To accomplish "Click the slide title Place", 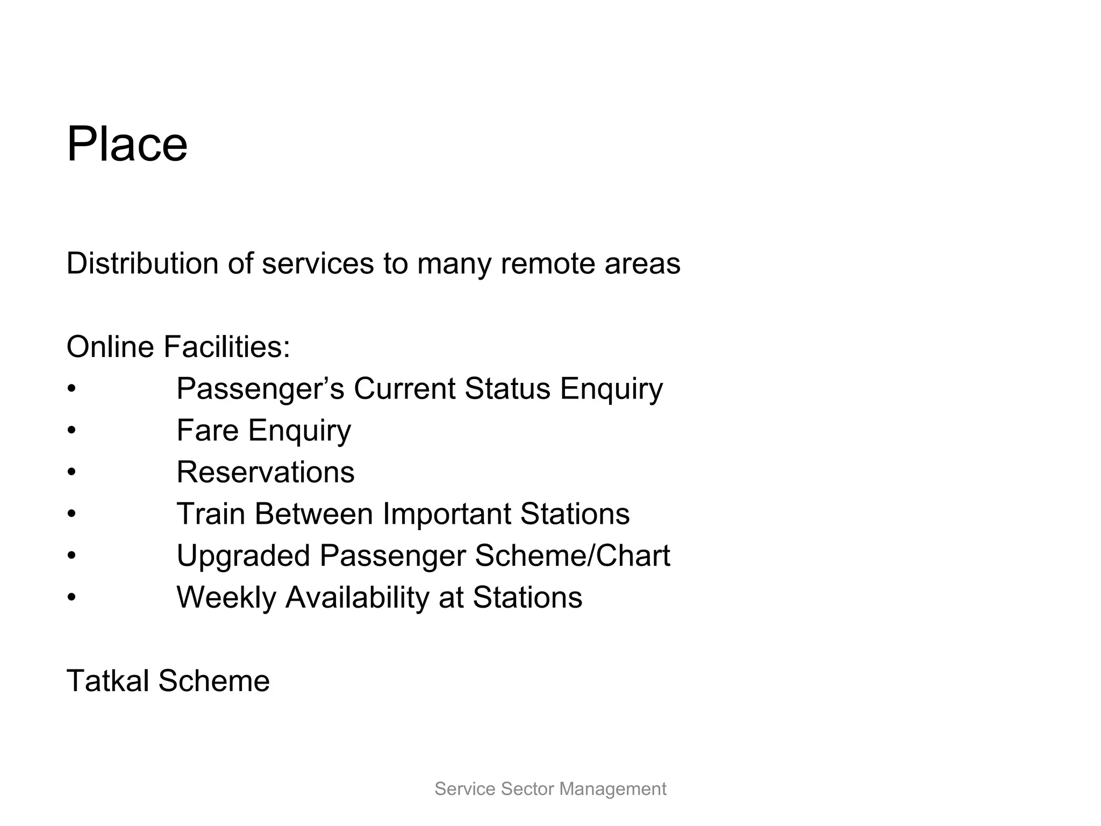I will (127, 144).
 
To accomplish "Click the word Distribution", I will (142, 264).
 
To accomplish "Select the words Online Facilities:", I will (178, 346).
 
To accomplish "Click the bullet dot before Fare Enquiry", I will (72, 431).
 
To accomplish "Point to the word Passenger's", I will (260, 388).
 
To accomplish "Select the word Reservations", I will (266, 472).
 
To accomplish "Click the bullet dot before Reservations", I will (72, 473).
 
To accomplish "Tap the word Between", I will (313, 514).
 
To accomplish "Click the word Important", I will (446, 514).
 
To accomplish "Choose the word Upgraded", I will (243, 556).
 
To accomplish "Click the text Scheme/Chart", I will (572, 556).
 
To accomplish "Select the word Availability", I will (357, 597).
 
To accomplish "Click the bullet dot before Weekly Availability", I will (72, 597).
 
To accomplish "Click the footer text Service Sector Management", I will (550, 789).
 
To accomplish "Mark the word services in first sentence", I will (317, 264).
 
